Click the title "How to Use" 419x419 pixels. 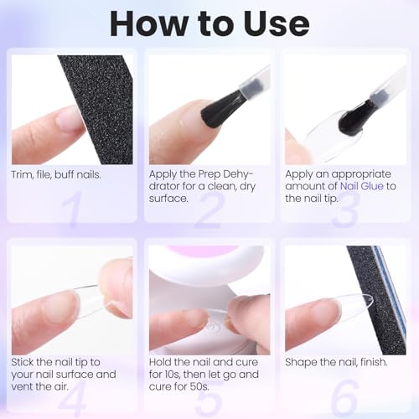pos(209,23)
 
